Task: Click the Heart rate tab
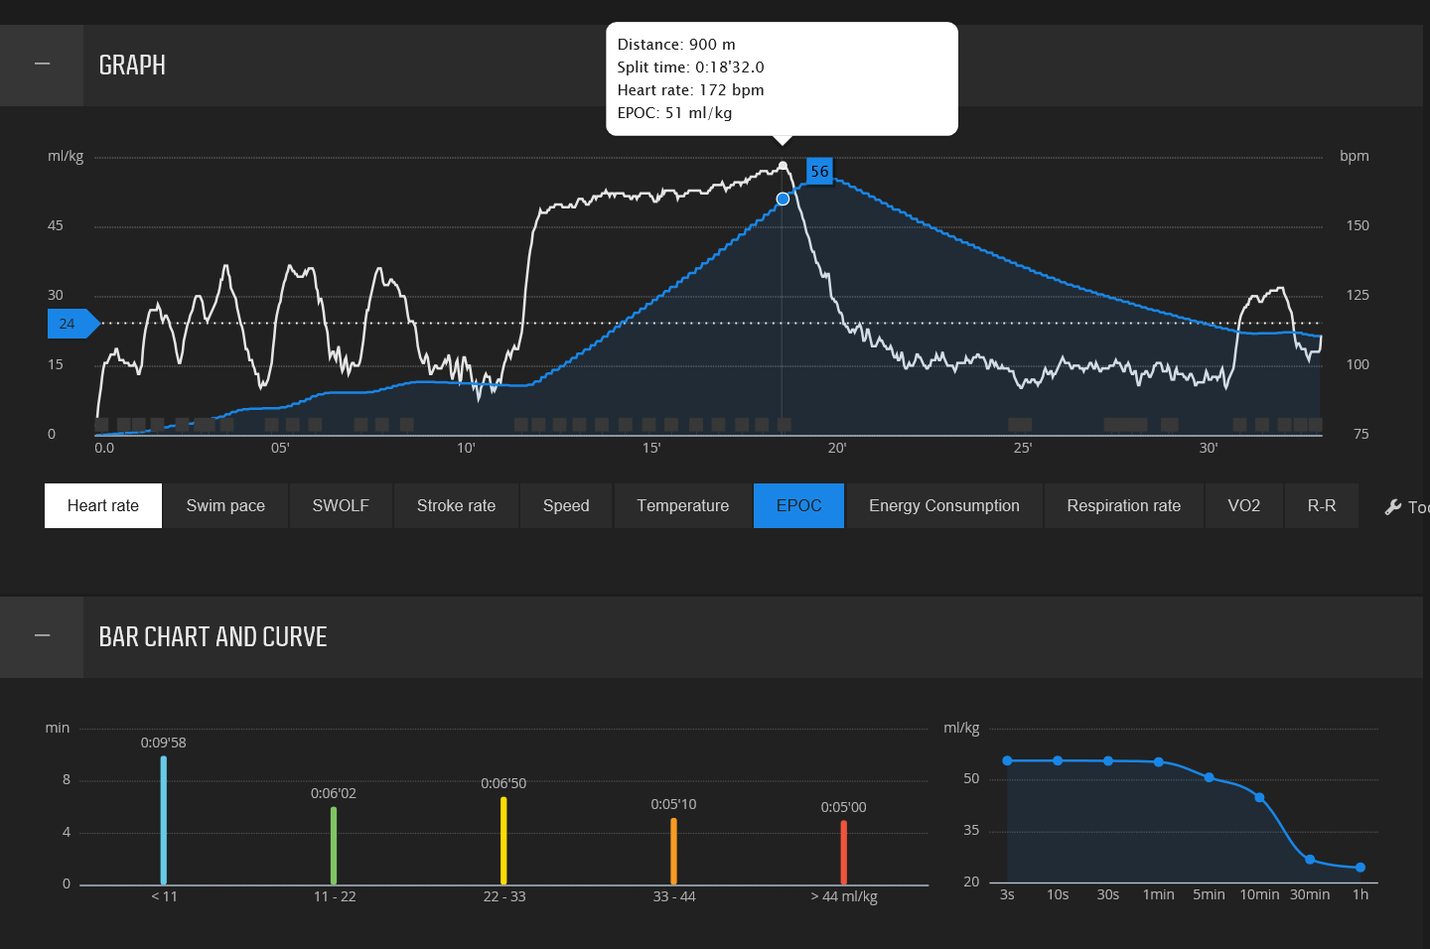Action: click(103, 506)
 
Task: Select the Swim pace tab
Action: click(225, 506)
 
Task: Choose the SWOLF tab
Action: click(341, 506)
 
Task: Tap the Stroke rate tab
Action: click(456, 506)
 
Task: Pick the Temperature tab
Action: click(683, 506)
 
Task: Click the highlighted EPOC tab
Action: click(798, 506)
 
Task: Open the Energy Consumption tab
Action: click(943, 506)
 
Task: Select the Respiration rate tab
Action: click(1123, 506)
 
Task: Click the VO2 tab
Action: click(1243, 506)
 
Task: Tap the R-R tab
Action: click(1321, 506)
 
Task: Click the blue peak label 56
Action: click(819, 172)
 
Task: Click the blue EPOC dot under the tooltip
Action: click(783, 200)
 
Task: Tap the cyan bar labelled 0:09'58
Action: click(164, 820)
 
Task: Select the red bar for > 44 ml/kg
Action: click(844, 852)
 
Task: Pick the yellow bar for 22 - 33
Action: click(503, 840)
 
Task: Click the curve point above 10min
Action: click(1259, 798)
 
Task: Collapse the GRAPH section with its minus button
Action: click(42, 65)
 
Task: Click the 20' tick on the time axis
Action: click(837, 448)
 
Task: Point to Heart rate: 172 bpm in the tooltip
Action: click(690, 90)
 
